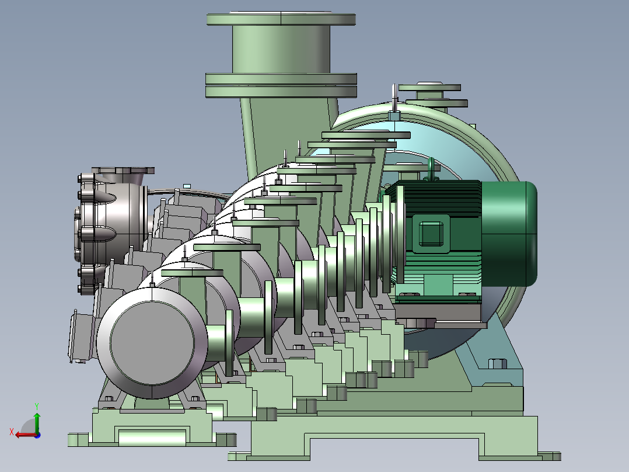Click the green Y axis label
click(37, 406)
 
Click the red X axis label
click(12, 432)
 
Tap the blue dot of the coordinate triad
click(37, 435)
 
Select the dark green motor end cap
click(509, 234)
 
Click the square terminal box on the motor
click(431, 234)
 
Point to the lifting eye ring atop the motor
click(431, 168)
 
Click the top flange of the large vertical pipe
click(281, 19)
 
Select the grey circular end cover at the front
click(152, 343)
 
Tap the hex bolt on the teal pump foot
click(497, 363)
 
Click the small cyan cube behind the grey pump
click(187, 186)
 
